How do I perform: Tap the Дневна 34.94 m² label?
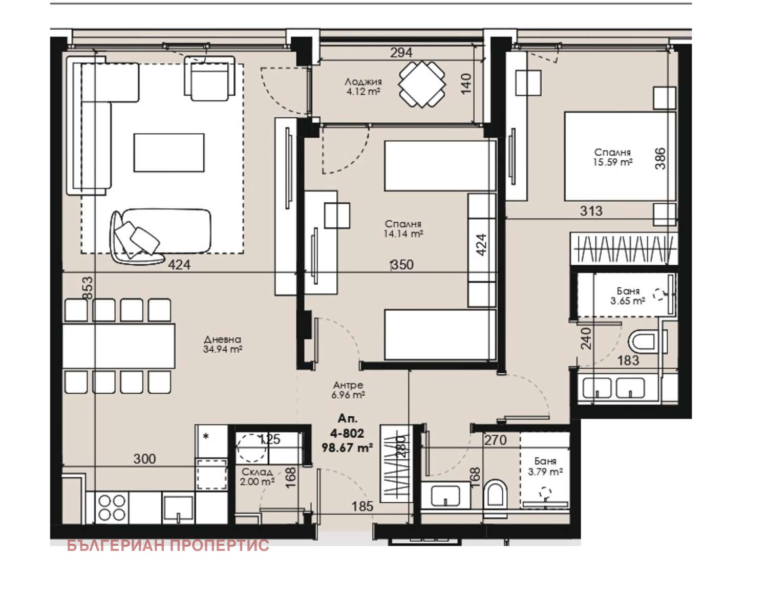pyautogui.click(x=222, y=345)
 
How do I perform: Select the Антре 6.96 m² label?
pyautogui.click(x=348, y=390)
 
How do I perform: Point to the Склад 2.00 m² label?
pyautogui.click(x=257, y=477)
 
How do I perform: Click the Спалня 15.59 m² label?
pyautogui.click(x=612, y=157)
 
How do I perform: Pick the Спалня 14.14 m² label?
pyautogui.click(x=403, y=228)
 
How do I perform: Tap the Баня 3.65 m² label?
pyautogui.click(x=628, y=296)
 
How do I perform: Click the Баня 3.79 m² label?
pyautogui.click(x=545, y=466)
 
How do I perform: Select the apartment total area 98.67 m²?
pyautogui.click(x=347, y=448)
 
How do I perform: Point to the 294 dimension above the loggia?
pyautogui.click(x=401, y=53)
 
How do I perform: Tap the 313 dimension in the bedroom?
pyautogui.click(x=591, y=211)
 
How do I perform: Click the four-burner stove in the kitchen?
pyautogui.click(x=112, y=507)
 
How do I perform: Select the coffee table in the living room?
pyautogui.click(x=169, y=153)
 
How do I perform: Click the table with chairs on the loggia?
pyautogui.click(x=422, y=84)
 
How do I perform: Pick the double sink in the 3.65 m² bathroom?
pyautogui.click(x=613, y=388)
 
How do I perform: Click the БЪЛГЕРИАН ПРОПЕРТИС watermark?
pyautogui.click(x=168, y=545)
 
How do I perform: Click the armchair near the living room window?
pyautogui.click(x=209, y=78)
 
